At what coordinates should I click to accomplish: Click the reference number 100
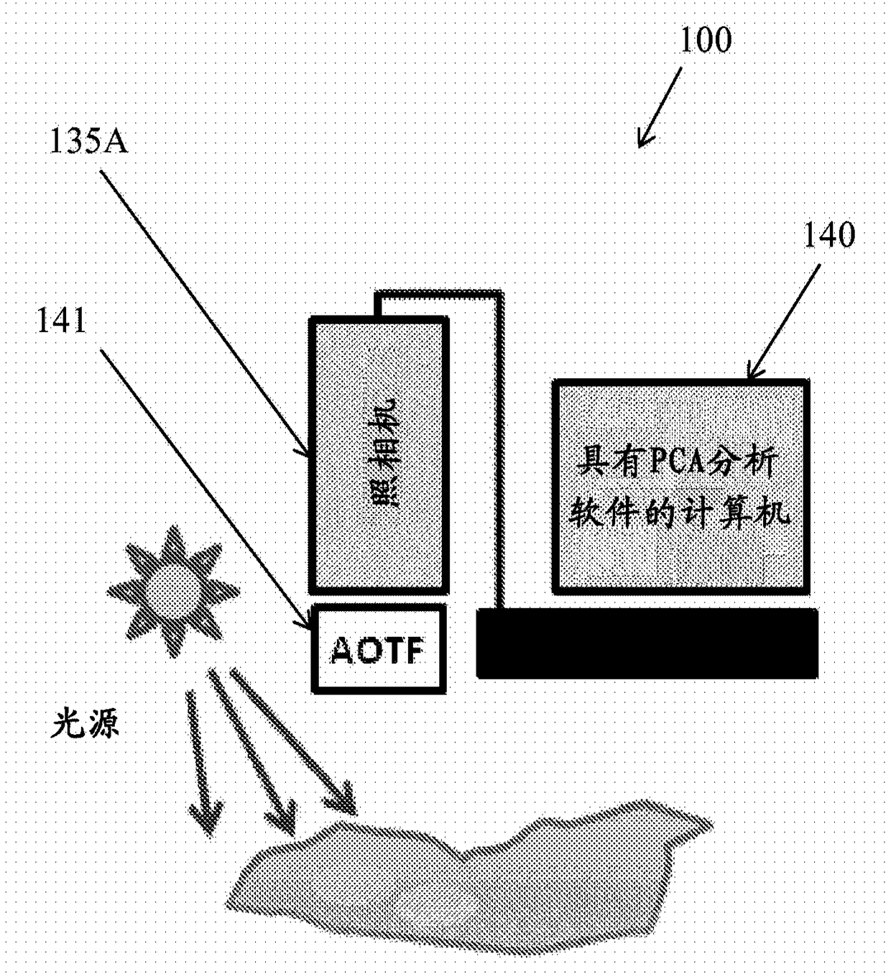click(705, 40)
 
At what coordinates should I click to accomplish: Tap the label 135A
click(88, 141)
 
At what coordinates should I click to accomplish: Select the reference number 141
click(61, 321)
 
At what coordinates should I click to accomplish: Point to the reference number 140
click(828, 235)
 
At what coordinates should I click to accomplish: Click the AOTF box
click(378, 649)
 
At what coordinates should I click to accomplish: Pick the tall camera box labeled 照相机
click(379, 455)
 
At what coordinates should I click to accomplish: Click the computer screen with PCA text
click(680, 487)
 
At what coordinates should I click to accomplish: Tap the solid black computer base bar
click(647, 643)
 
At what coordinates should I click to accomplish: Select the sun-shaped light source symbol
click(172, 591)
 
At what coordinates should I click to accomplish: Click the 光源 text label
click(85, 723)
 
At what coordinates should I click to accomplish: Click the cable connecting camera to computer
click(499, 431)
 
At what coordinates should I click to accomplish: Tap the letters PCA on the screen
click(676, 462)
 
